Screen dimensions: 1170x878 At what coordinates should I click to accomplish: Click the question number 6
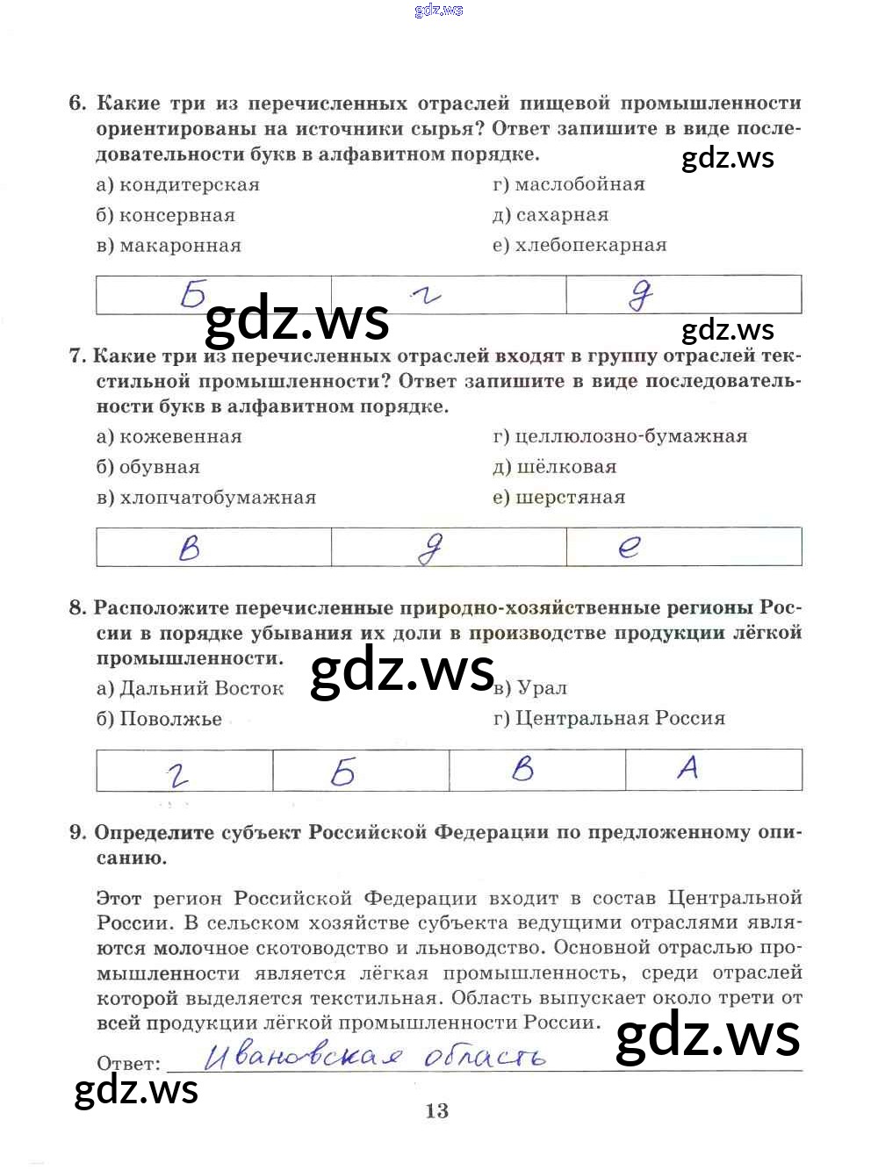click(x=77, y=104)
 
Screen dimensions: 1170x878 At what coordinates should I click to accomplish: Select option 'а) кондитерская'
click(x=177, y=185)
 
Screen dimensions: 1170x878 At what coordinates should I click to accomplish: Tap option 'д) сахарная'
click(x=551, y=215)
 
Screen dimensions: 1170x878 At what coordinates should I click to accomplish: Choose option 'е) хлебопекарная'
click(x=579, y=246)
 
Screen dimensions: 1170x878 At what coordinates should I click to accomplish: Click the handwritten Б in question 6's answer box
click(x=193, y=294)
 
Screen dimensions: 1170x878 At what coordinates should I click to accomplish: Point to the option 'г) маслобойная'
click(x=569, y=185)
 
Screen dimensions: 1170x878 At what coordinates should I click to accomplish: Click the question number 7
click(x=76, y=356)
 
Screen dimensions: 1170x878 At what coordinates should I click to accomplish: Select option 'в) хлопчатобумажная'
click(x=206, y=498)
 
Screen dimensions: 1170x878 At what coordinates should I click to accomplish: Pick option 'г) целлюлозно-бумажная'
click(x=620, y=437)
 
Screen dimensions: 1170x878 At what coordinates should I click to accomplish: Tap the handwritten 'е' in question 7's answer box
click(x=630, y=547)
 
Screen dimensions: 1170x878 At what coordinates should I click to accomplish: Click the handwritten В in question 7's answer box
click(x=190, y=548)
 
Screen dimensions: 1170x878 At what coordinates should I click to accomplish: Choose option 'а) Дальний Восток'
click(x=191, y=689)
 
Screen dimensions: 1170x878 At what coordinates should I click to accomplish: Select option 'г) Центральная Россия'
click(x=609, y=719)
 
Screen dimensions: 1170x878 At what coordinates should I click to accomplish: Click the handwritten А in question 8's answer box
click(x=688, y=768)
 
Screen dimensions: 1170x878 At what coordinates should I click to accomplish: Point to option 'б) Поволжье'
click(x=159, y=719)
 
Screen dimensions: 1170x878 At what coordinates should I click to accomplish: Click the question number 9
click(x=77, y=833)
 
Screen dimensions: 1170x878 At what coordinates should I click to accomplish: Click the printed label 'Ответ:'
click(x=129, y=1064)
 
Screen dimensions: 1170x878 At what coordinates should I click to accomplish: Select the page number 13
click(x=436, y=1111)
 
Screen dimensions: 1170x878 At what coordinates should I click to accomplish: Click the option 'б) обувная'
click(x=148, y=468)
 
